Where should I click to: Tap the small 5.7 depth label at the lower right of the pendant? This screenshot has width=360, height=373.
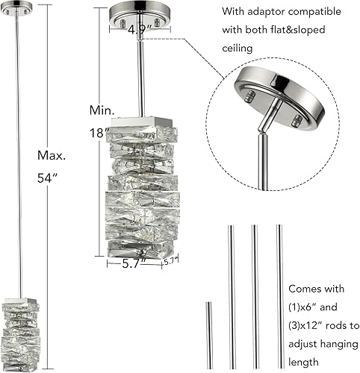171,261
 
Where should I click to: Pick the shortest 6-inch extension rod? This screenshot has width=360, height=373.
209,335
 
